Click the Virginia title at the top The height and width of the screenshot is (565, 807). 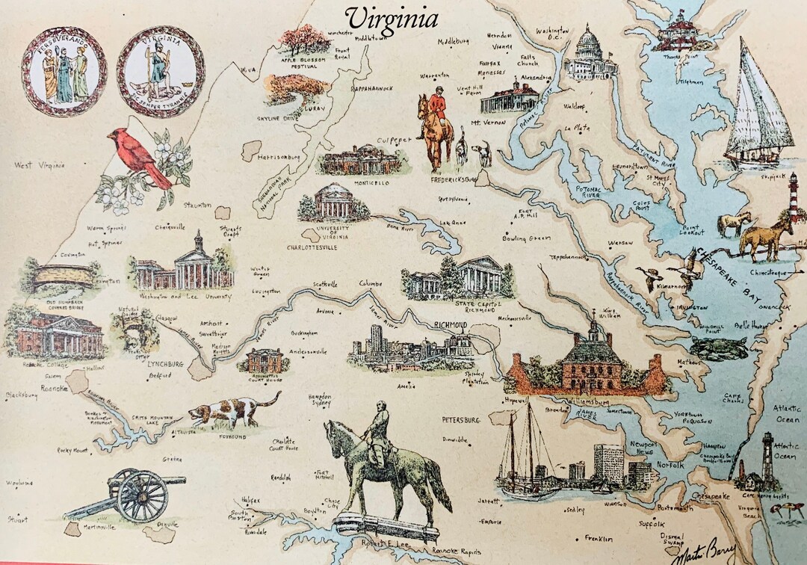(x=392, y=18)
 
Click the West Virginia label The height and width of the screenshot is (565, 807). (x=40, y=164)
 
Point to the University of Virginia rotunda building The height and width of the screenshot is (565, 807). (x=333, y=202)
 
